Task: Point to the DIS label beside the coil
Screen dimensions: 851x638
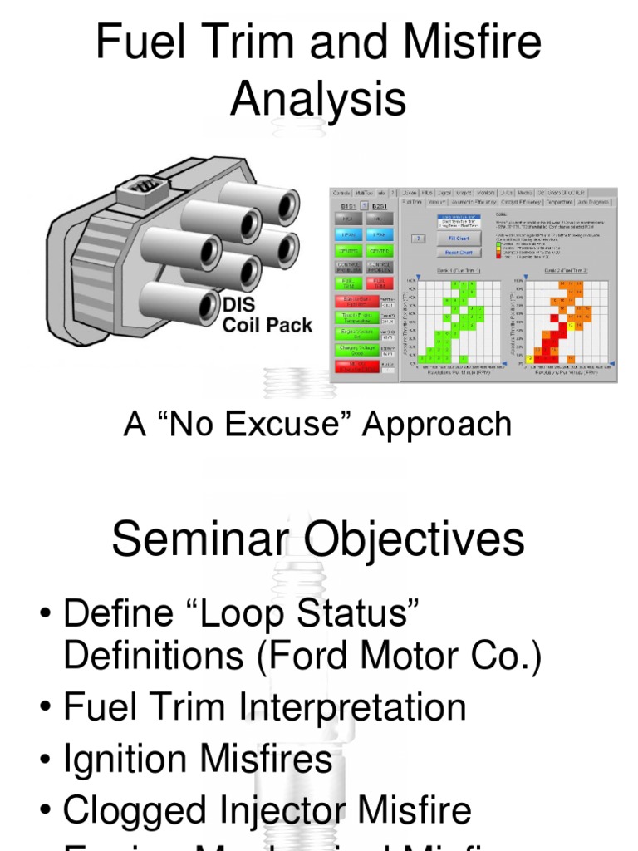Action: point(238,305)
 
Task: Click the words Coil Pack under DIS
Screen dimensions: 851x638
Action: point(267,325)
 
